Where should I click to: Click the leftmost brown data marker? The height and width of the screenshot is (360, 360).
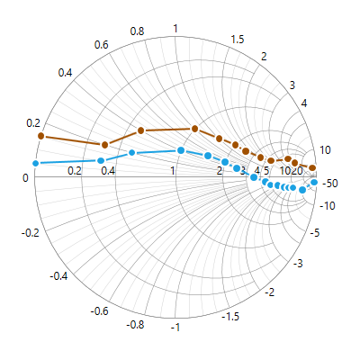tap(40, 136)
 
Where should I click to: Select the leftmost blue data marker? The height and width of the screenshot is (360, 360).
tap(36, 163)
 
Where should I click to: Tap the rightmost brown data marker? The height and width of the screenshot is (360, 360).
tap(312, 168)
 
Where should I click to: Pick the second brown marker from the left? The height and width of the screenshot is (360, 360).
tap(104, 145)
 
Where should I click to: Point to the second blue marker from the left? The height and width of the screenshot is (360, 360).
tap(101, 160)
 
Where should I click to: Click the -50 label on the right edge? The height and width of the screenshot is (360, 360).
tap(330, 184)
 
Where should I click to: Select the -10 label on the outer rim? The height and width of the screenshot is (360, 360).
tap(329, 206)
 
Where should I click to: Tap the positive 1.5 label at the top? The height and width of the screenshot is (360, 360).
tap(238, 39)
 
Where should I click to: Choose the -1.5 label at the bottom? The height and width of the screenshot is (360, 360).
tap(231, 317)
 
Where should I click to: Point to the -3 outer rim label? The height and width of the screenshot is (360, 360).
tap(298, 263)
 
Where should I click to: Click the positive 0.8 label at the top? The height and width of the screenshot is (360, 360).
tap(137, 31)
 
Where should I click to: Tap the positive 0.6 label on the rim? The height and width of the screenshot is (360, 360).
tap(101, 45)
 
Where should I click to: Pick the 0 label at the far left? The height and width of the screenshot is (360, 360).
tap(25, 177)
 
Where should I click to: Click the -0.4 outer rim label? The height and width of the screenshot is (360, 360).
tap(60, 275)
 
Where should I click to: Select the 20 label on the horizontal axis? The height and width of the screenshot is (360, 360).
tap(296, 170)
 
